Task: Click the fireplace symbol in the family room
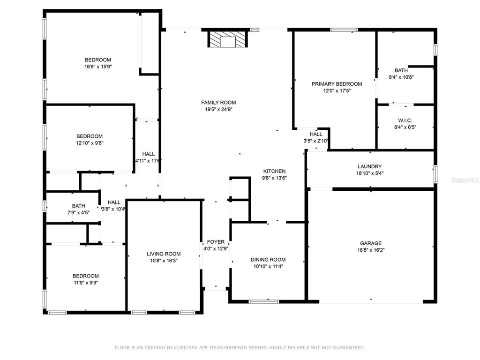[x=228, y=39]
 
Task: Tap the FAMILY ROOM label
[x=218, y=103]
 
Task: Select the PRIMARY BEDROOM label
[x=337, y=84]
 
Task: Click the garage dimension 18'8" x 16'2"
[x=371, y=250]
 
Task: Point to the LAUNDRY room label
[x=369, y=166]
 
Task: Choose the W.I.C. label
[x=405, y=120]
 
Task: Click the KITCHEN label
[x=274, y=171]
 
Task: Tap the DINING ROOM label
[x=268, y=260]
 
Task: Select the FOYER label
[x=216, y=242]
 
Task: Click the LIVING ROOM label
[x=164, y=254]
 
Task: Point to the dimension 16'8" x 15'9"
[x=98, y=67]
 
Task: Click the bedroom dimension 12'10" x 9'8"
[x=90, y=143]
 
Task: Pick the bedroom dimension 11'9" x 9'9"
[x=86, y=283]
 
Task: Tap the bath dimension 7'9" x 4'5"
[x=79, y=213]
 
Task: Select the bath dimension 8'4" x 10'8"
[x=401, y=77]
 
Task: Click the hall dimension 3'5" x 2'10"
[x=316, y=141]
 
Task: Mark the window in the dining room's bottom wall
[x=264, y=302]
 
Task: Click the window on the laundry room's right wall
[x=435, y=174]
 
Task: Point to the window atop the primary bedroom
[x=344, y=30]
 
